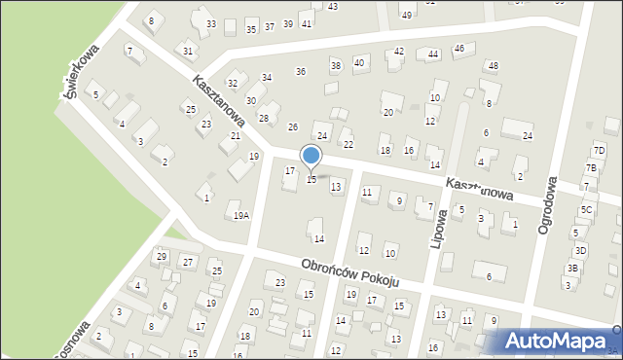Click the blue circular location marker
311,156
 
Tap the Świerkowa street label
82,70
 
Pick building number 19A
240,215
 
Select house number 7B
591,168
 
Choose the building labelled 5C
586,209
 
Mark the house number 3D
580,250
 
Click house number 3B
573,268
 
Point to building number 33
211,23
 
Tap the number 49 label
407,15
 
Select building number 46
459,48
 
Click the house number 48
494,65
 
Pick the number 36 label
301,71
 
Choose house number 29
162,257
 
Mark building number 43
333,7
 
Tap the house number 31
188,50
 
